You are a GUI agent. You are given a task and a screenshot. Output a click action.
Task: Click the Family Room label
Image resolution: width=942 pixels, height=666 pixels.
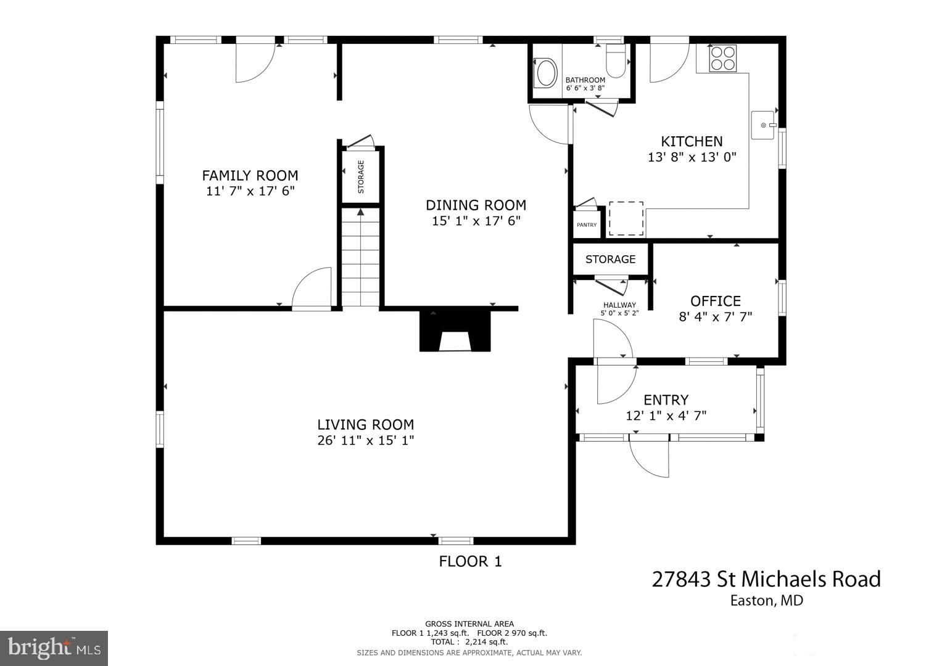pos(250,176)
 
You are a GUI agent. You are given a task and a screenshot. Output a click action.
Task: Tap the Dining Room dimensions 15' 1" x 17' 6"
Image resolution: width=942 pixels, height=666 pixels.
pos(476,221)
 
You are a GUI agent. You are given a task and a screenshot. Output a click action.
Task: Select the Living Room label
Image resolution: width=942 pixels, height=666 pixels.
pos(365,424)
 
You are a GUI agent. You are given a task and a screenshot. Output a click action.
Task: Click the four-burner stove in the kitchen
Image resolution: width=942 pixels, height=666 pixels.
pos(722,58)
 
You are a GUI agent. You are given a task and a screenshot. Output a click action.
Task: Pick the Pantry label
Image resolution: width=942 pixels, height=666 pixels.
pos(587,225)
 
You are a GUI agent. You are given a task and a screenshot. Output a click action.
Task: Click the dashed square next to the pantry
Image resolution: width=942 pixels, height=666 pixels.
pos(626,218)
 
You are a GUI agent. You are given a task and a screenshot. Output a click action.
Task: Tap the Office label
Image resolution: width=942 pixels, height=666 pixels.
pos(715,301)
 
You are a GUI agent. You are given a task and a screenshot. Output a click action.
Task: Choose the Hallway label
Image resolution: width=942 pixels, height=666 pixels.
pos(619,305)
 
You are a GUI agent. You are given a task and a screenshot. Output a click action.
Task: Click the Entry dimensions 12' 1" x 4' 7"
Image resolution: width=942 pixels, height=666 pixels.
pos(666,416)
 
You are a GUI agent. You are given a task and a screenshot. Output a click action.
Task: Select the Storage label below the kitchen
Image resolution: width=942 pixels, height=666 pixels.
pos(610,259)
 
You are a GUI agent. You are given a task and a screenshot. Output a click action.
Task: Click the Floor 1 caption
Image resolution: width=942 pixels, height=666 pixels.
pos(470,561)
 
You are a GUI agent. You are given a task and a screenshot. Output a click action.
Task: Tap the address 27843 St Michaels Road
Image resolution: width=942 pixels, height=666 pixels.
pos(766,579)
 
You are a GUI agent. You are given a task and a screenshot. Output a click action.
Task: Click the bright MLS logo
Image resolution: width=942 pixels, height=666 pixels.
pos(54,648)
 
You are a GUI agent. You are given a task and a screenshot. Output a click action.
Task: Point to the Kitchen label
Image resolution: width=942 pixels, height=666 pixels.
pos(692,141)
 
